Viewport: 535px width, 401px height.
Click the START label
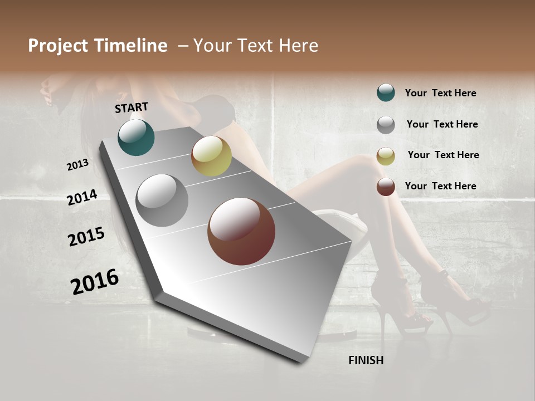(x=132, y=107)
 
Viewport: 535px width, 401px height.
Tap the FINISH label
(x=366, y=360)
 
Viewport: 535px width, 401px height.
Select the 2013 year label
(x=78, y=164)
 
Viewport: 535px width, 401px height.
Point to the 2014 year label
(x=82, y=197)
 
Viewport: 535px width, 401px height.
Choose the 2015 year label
(x=86, y=237)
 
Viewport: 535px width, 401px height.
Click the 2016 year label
(x=95, y=282)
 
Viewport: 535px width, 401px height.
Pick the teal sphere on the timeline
(x=136, y=138)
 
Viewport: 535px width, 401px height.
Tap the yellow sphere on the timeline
(x=211, y=156)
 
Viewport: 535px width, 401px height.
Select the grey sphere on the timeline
(x=162, y=200)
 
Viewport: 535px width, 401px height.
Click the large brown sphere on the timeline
(x=241, y=231)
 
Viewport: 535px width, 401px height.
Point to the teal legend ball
(x=386, y=92)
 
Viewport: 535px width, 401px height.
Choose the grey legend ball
(x=386, y=125)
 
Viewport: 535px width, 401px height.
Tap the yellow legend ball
(x=386, y=156)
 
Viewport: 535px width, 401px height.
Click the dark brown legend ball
(x=386, y=187)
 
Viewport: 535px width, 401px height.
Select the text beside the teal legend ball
(x=440, y=93)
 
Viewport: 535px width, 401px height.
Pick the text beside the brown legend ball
(x=440, y=186)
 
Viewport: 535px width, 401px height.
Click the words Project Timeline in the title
(x=98, y=46)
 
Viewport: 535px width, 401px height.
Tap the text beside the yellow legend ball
(x=443, y=155)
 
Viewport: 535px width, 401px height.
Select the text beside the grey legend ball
(x=442, y=124)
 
